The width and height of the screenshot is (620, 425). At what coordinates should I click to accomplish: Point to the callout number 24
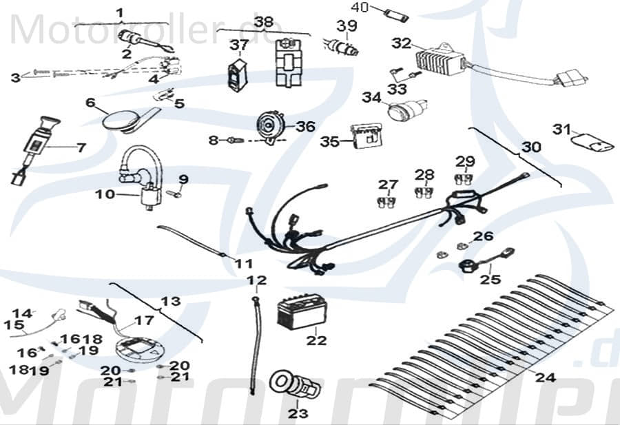545,377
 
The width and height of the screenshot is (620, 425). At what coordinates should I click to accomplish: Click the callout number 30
531,147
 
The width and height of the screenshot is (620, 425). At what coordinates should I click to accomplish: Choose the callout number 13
170,301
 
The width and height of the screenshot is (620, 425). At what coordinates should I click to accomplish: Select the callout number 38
264,21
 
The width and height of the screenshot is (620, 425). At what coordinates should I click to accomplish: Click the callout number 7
81,147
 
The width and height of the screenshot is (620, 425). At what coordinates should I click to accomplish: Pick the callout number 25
490,280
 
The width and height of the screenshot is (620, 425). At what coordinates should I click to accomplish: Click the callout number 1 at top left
121,13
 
